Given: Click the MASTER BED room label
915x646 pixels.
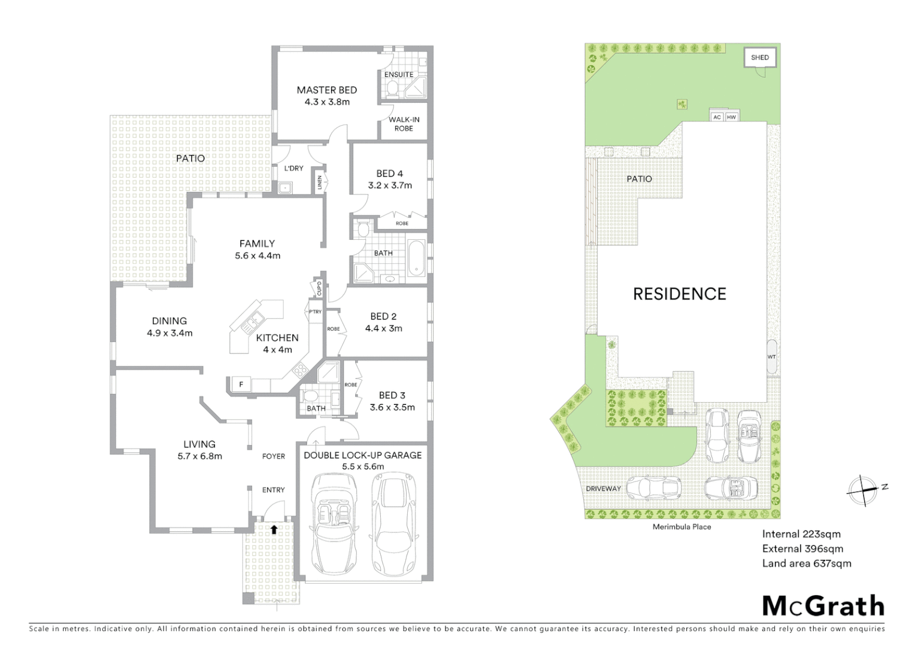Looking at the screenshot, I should point(326,90).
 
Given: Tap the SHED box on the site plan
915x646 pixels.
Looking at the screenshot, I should point(760,58).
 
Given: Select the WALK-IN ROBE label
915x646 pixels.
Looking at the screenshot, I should point(404,124).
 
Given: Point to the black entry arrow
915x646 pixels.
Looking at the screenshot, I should point(274,529).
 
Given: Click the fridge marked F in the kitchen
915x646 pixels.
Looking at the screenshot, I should point(241,385).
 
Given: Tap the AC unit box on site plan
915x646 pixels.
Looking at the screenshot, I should point(717,117).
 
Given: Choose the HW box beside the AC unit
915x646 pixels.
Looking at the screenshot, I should point(731,117).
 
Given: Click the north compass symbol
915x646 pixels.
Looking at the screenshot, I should point(862,491).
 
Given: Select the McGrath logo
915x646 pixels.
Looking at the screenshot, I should point(823,606).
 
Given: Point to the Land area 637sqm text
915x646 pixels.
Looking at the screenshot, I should point(806,563).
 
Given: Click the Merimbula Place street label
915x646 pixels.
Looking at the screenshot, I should point(681,527).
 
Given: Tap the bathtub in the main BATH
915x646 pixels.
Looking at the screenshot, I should point(417,258).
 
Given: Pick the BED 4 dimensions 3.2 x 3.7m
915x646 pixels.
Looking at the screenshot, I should point(390,185).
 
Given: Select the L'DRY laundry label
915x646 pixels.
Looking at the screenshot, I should point(293,169).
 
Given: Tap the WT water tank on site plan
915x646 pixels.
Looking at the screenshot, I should point(771,357).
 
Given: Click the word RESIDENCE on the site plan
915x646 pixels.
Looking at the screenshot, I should point(680,294).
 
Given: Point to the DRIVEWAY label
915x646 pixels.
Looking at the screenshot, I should point(603,489).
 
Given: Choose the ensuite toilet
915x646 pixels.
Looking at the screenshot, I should point(392,89).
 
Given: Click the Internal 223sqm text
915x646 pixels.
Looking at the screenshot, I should point(801,534).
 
